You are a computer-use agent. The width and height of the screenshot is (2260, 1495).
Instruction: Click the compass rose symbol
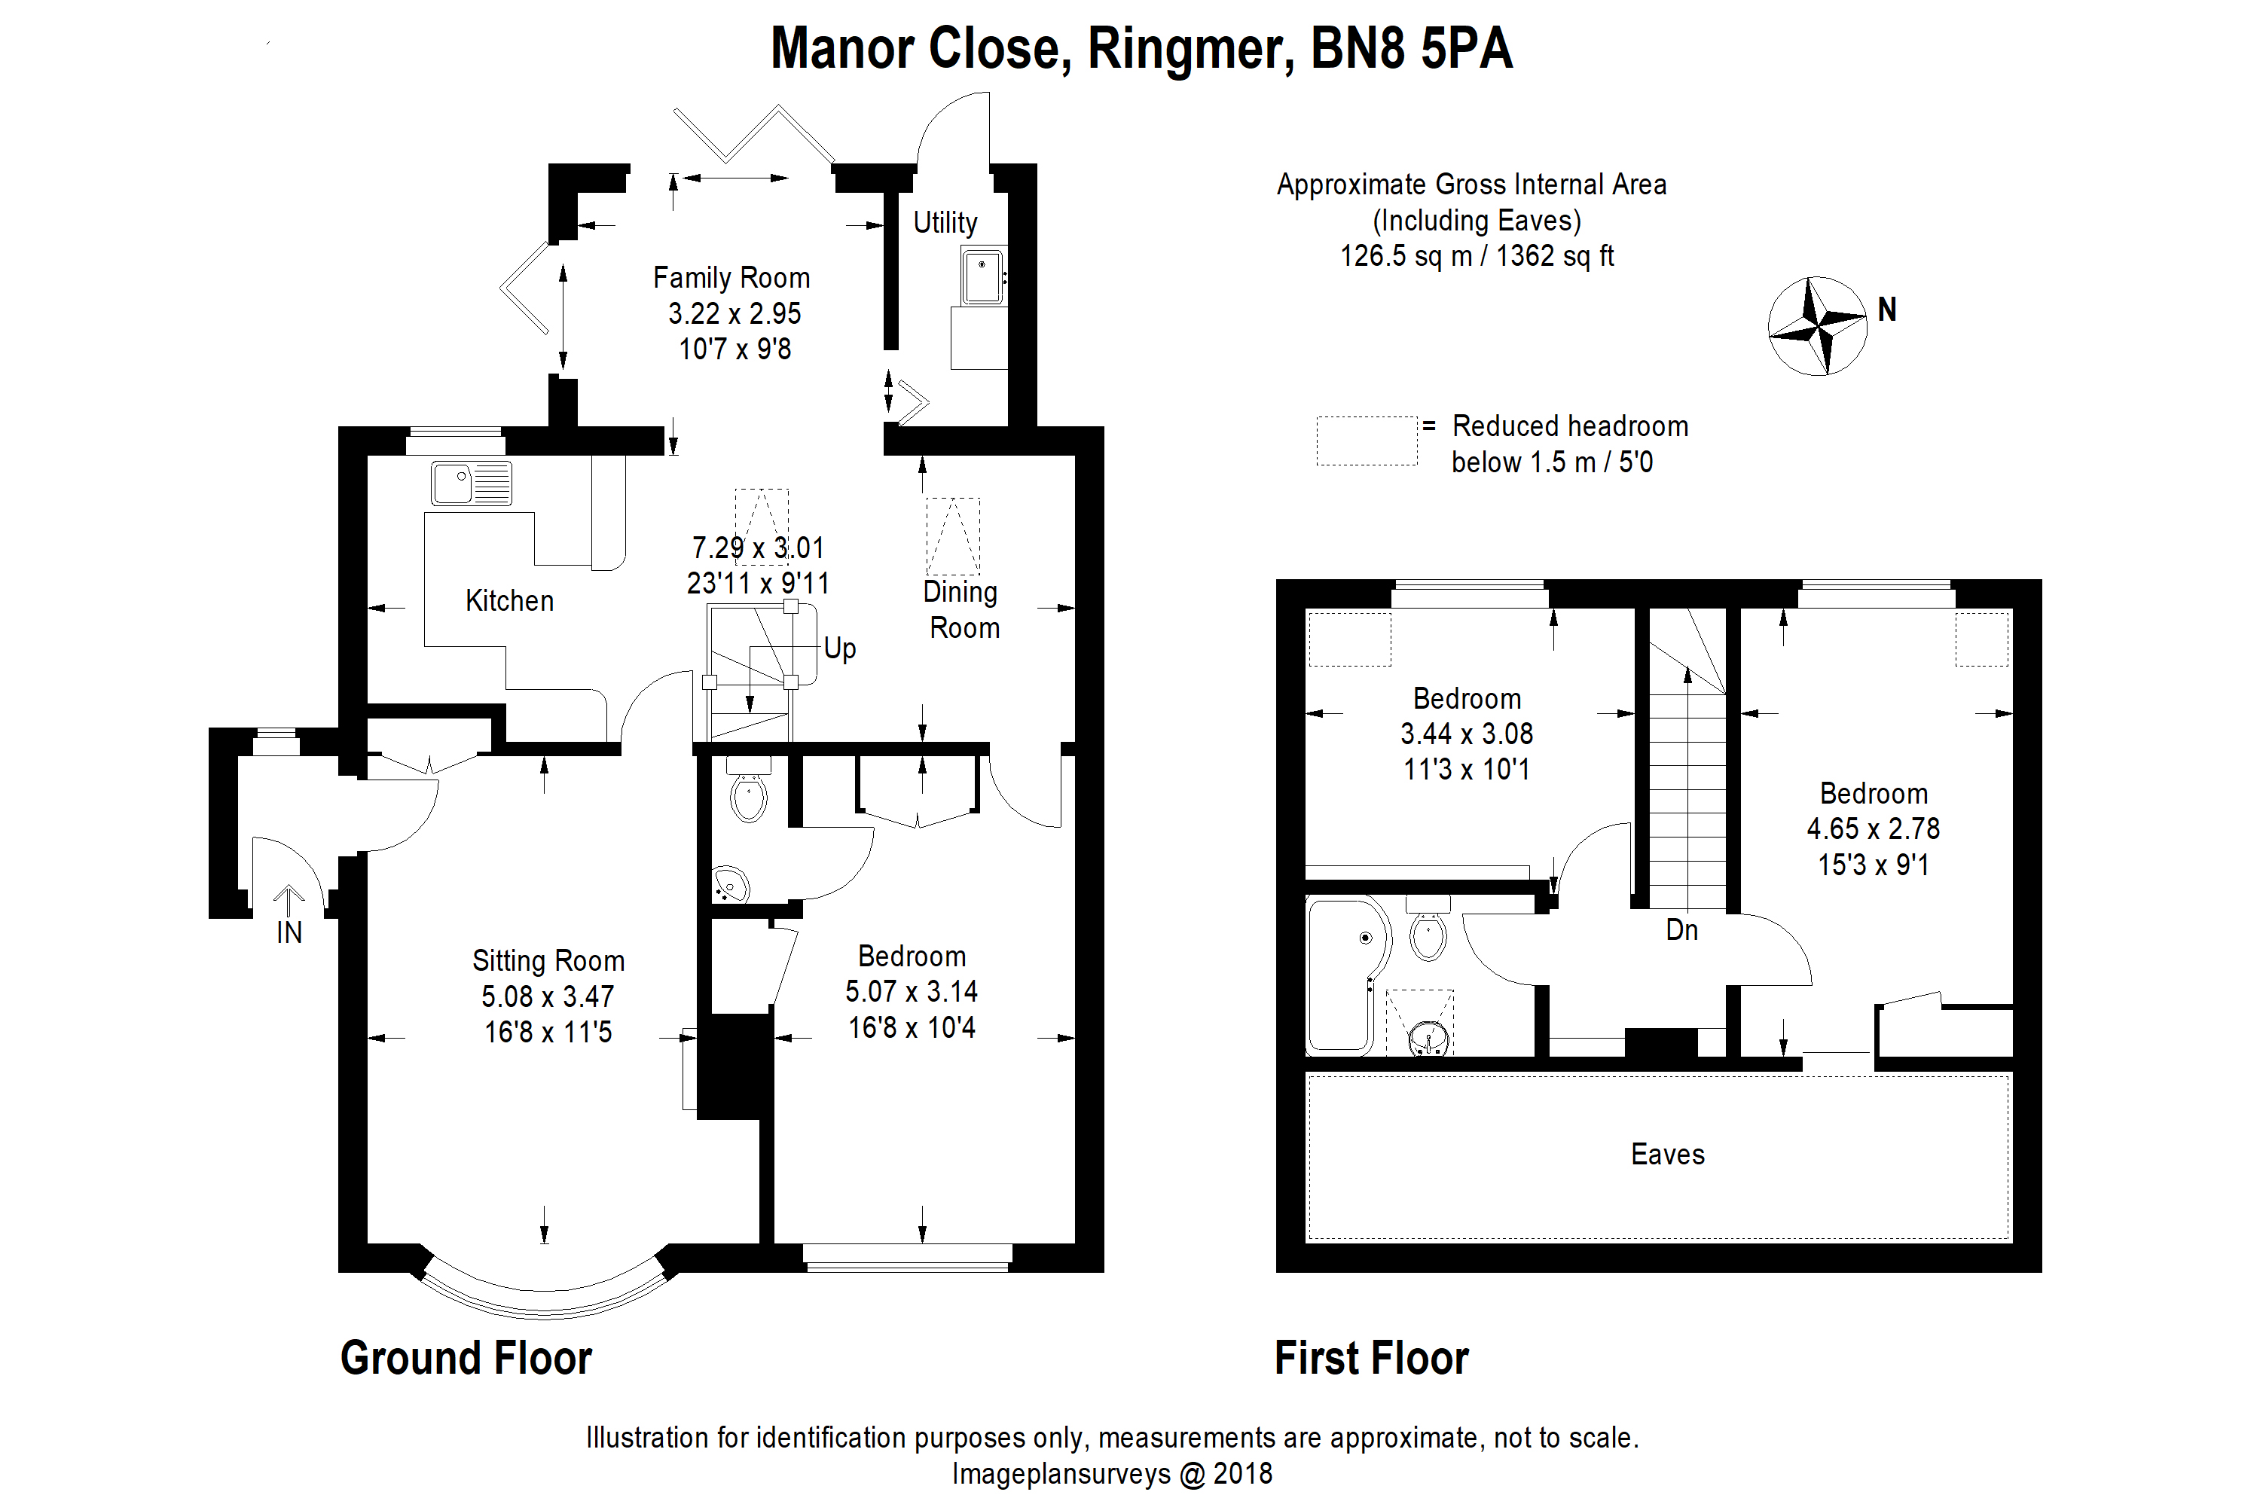point(1818,326)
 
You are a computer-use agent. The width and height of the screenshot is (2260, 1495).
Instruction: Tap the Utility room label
point(945,223)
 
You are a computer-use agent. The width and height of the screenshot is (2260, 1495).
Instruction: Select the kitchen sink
point(471,483)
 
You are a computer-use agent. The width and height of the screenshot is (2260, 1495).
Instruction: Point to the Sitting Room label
point(548,961)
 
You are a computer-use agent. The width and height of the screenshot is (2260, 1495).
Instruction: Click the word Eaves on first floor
point(1668,1155)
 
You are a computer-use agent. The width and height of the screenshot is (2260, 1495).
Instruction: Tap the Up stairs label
point(839,648)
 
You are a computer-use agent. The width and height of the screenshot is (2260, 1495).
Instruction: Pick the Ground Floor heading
point(466,1358)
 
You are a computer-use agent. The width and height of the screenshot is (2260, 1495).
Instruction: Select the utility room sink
point(982,276)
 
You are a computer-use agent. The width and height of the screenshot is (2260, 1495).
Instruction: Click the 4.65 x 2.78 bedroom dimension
point(1873,828)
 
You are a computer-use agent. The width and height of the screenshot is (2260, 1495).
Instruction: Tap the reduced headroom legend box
point(1367,441)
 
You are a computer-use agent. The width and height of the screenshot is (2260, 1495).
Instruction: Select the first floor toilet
point(1428,928)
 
